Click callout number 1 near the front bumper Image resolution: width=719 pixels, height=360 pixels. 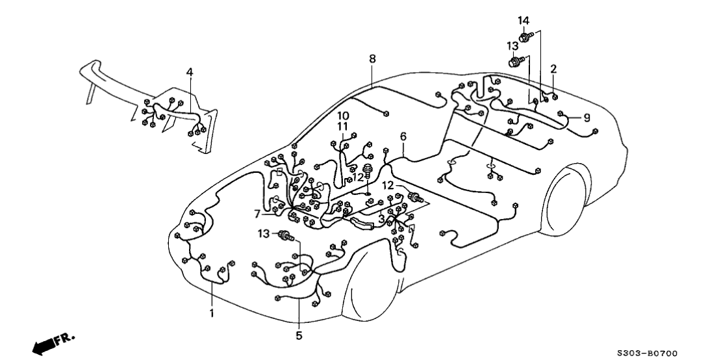pyautogui.click(x=211, y=313)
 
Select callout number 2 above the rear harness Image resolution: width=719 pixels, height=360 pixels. pyautogui.click(x=553, y=68)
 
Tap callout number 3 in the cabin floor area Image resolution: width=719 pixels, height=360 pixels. pyautogui.click(x=382, y=219)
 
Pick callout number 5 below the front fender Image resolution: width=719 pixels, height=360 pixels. pyautogui.click(x=299, y=336)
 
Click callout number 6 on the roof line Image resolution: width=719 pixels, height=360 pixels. pyautogui.click(x=403, y=136)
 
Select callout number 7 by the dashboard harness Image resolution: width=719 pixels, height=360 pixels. pyautogui.click(x=258, y=212)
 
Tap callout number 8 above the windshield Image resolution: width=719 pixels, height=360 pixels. pyautogui.click(x=372, y=59)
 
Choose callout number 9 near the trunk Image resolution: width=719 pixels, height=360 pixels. pyautogui.click(x=587, y=118)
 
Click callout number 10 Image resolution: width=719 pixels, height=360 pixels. pyautogui.click(x=342, y=115)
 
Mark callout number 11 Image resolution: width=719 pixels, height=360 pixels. pyautogui.click(x=342, y=126)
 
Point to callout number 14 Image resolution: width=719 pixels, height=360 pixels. pyautogui.click(x=523, y=20)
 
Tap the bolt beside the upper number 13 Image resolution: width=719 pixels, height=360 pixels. pyautogui.click(x=516, y=62)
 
